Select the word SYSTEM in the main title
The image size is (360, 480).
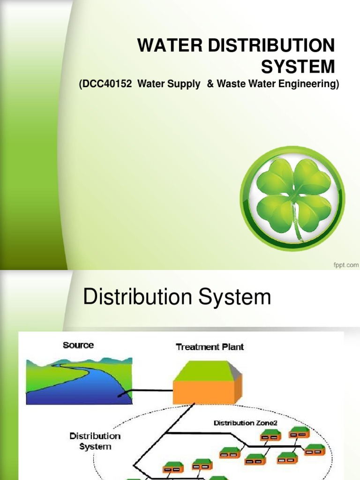point(298,67)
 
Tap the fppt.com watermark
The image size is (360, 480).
point(346,265)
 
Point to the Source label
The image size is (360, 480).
point(78,345)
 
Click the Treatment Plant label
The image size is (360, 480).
point(210,347)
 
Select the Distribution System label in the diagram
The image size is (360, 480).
point(95,441)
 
